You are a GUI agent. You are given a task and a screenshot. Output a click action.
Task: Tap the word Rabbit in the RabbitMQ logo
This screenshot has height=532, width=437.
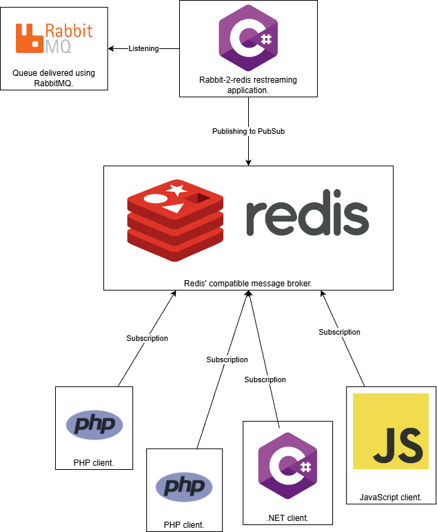tap(68, 30)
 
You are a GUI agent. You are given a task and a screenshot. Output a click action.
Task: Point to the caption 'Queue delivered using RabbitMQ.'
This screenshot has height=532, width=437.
tap(54, 78)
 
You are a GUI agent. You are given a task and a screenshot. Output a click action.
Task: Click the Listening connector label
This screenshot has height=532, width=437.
tap(143, 48)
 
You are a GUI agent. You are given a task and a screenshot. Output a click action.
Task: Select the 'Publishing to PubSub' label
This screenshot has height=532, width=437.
tap(248, 131)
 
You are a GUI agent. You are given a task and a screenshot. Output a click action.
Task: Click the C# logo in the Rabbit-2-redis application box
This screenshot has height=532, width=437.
tap(248, 37)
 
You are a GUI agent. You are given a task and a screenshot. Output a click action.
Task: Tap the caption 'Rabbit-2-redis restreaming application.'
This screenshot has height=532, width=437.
tap(247, 85)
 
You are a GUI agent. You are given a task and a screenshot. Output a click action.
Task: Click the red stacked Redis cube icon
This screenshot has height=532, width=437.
tap(176, 220)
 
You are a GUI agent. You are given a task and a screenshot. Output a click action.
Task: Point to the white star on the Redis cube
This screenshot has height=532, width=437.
tap(176, 189)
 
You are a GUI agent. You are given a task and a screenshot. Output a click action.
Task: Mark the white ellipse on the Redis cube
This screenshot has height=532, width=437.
tap(156, 199)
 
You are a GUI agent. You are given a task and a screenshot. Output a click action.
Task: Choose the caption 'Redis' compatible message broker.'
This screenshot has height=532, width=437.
tap(248, 283)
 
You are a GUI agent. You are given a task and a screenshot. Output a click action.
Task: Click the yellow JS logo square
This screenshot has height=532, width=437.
tap(391, 431)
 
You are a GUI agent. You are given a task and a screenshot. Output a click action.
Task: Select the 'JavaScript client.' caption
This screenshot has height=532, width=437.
tap(391, 497)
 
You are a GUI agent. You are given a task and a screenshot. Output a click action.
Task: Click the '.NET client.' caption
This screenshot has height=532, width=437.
tap(287, 518)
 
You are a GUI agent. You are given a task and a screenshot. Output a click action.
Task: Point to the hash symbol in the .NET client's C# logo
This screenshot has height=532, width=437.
tap(305, 466)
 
